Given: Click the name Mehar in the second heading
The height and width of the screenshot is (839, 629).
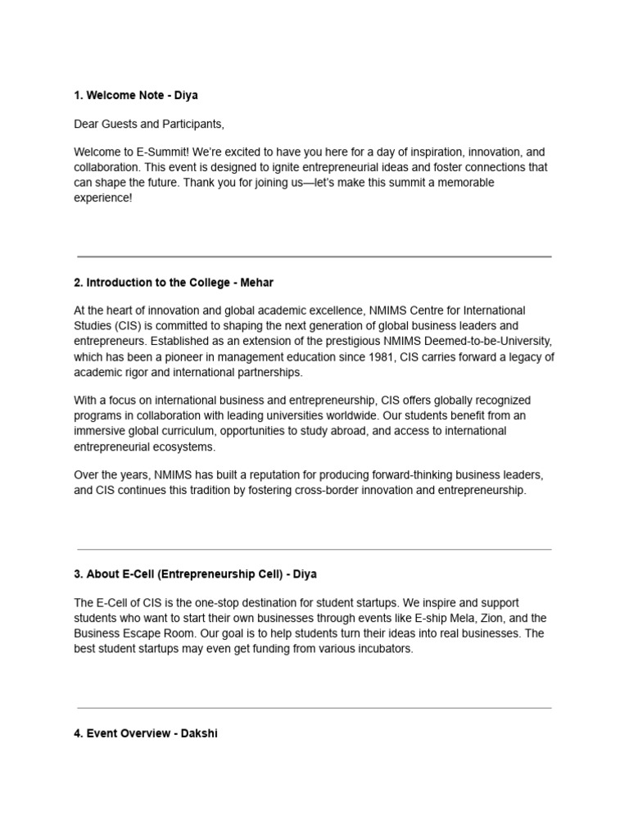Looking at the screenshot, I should tap(257, 283).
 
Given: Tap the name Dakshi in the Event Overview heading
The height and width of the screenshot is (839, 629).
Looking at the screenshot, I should tap(200, 733).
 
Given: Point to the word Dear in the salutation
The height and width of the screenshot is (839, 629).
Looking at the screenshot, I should tap(87, 125).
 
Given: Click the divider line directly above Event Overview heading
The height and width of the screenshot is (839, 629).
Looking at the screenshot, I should tap(314, 707).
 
